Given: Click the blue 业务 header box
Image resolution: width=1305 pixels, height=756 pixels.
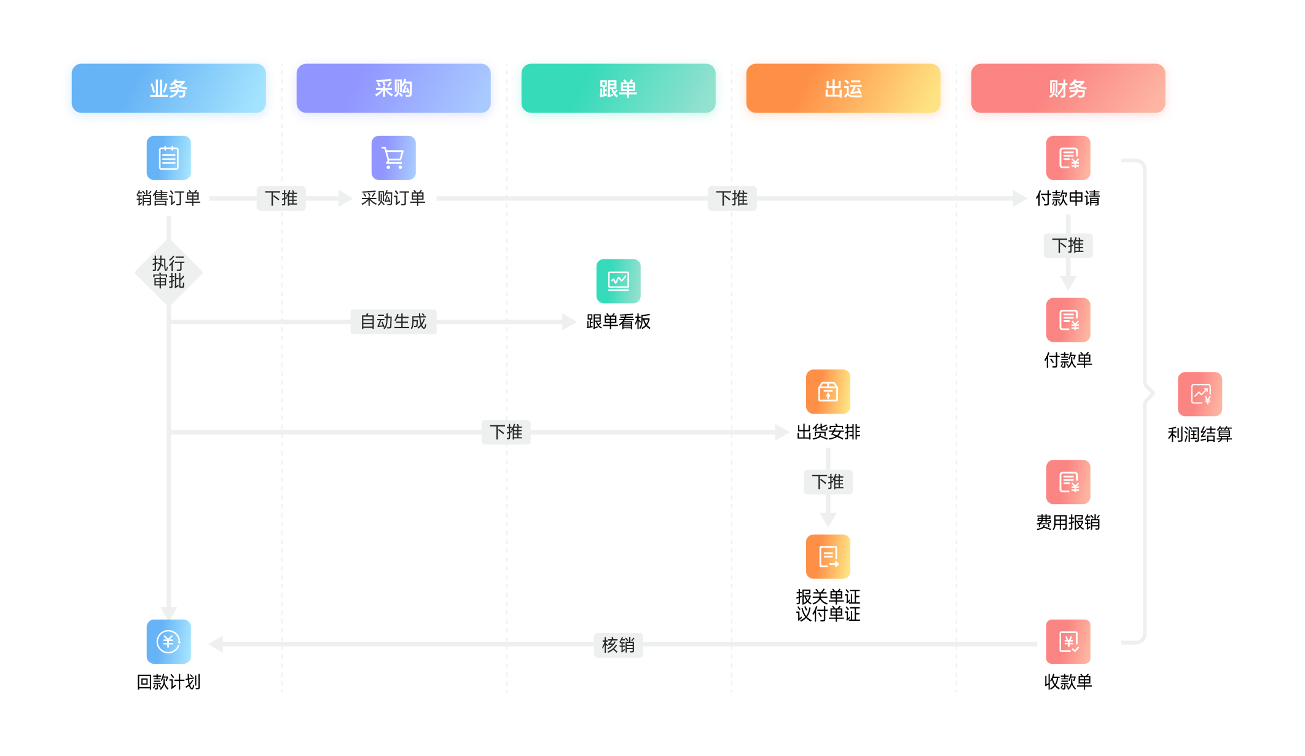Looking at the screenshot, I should click(x=168, y=89).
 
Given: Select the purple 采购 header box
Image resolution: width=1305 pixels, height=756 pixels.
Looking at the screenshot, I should click(x=393, y=89).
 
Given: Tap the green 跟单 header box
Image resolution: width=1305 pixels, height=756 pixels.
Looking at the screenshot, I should click(x=618, y=89).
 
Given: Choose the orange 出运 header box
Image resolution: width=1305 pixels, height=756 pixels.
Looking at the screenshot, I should click(x=843, y=89).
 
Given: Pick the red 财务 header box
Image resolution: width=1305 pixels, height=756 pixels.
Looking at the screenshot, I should click(x=1068, y=89).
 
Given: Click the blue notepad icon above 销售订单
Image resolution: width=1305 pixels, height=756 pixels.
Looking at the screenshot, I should click(x=168, y=158).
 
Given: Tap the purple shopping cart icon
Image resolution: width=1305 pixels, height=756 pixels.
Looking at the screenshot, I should click(x=393, y=158).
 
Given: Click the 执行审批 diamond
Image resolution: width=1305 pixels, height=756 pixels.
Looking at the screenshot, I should click(x=168, y=272).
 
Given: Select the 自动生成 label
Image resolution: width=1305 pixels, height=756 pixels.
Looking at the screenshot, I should click(x=393, y=321).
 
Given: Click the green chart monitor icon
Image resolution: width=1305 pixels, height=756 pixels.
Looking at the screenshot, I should click(x=618, y=281).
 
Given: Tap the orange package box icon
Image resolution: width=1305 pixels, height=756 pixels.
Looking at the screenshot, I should click(x=828, y=392).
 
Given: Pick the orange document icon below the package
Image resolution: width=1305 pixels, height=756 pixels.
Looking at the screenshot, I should click(x=828, y=556).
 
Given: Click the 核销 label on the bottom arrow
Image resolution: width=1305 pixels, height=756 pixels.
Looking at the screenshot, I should click(x=618, y=645).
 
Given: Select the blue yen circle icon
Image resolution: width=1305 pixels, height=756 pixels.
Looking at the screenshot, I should click(x=168, y=642).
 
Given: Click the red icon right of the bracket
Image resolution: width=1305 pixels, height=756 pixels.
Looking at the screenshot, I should click(x=1200, y=394).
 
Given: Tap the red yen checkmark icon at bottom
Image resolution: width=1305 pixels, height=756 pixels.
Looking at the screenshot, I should click(x=1068, y=642).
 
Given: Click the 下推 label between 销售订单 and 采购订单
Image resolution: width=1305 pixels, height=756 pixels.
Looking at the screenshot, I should click(x=281, y=199).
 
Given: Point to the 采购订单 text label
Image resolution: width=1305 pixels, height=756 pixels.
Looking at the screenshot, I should click(x=393, y=199).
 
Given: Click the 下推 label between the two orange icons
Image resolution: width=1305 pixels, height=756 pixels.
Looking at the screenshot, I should click(x=828, y=482).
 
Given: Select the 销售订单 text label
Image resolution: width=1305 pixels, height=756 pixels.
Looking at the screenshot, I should click(x=168, y=199).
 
